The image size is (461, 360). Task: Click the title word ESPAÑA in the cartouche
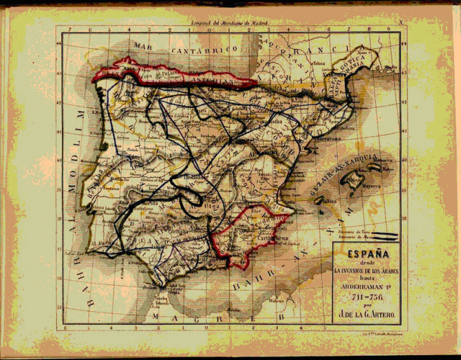367,253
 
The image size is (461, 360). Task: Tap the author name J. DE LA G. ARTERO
368,316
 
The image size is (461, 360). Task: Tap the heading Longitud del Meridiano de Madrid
231,23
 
